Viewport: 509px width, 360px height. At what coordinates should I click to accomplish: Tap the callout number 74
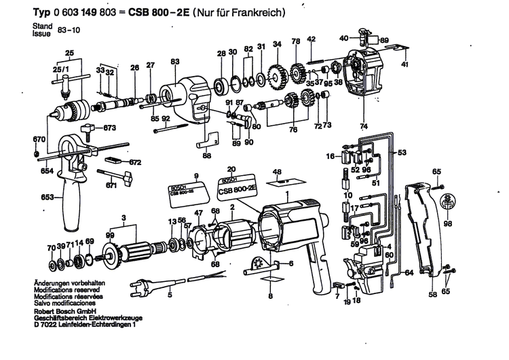[364, 127]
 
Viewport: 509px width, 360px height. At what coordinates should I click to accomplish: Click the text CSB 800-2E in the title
[145, 13]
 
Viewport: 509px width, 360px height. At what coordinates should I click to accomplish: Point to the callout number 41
[404, 65]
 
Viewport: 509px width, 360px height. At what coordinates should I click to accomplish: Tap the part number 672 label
[135, 162]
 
